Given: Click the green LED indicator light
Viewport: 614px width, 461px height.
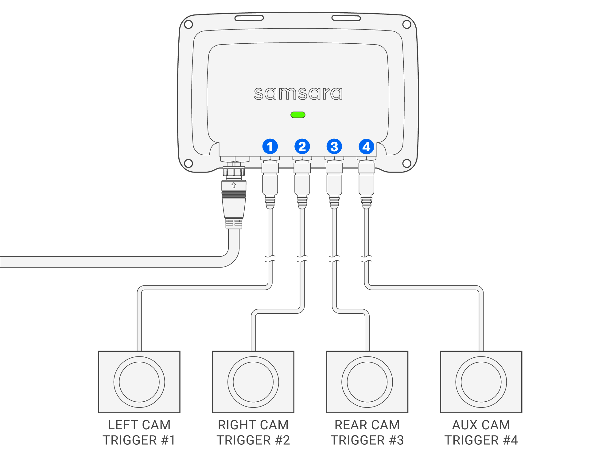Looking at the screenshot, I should click(298, 115).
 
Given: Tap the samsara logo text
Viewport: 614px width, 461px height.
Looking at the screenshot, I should click(298, 93).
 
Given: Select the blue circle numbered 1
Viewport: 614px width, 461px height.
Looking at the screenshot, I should click(270, 146).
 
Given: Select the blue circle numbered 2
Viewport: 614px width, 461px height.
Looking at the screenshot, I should click(302, 146).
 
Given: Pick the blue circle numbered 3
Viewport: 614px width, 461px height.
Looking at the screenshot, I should click(334, 146).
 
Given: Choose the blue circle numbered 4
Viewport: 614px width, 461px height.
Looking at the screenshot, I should click(366, 146).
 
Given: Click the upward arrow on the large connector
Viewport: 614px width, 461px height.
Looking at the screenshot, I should click(234, 185).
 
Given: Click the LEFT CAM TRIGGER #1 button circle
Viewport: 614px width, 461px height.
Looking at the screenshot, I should click(139, 382).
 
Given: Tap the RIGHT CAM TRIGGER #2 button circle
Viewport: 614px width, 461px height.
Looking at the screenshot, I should click(253, 382).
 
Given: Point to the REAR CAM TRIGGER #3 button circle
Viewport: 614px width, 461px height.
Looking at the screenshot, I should click(367, 382).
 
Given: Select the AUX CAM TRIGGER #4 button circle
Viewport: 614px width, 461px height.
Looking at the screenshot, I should click(481, 382).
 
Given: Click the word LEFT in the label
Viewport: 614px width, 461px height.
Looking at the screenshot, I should click(122, 425).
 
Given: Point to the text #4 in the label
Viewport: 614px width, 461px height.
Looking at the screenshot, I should click(511, 440).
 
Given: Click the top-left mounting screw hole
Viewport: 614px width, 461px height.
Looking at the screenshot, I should click(188, 24).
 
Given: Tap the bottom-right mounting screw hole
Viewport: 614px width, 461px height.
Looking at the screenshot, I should click(407, 163).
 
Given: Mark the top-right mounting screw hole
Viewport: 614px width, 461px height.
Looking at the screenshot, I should click(407, 24).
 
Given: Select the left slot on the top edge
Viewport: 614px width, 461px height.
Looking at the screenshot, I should click(249, 18).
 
